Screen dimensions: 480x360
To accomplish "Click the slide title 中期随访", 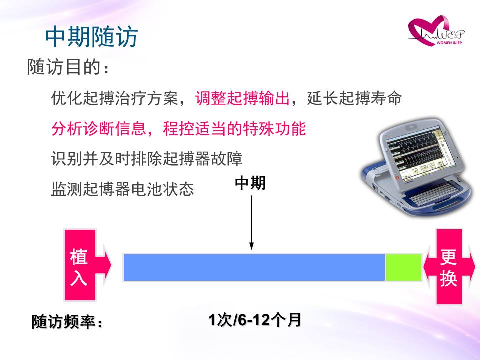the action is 92,37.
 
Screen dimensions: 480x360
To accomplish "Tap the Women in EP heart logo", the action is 436,31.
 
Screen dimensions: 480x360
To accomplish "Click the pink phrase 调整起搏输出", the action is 243,98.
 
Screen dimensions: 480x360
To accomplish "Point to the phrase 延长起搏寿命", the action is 354,98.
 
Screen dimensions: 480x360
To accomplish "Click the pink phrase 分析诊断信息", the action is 99,128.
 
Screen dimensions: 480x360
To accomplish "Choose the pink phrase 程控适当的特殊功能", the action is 234,128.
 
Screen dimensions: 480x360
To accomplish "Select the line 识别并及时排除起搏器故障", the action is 147,158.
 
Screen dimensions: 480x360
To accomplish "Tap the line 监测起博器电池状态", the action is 123,189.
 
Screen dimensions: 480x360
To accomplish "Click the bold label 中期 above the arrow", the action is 250,183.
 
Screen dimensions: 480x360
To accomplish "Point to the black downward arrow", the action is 251,222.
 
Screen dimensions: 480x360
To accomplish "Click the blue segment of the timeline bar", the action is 254,267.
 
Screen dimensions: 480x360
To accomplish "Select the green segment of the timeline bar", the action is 404,267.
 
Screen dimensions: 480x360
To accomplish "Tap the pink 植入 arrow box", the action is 87,265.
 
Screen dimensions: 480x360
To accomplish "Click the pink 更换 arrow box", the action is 449,266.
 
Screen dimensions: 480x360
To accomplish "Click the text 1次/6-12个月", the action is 254,320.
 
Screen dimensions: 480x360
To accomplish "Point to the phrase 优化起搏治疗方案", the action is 115,98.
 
